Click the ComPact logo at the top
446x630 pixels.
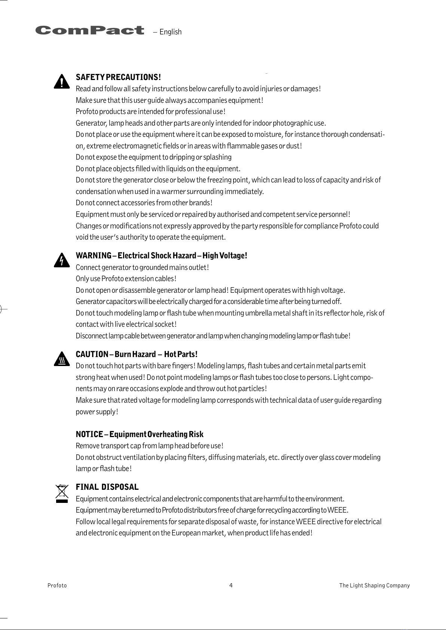click(90, 30)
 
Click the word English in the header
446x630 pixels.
click(170, 32)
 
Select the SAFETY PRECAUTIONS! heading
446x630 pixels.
click(118, 77)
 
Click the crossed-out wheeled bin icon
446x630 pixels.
click(62, 493)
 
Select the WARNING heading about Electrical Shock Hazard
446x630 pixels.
click(161, 256)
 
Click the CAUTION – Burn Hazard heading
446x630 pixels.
click(137, 354)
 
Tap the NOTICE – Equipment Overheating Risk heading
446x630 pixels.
click(140, 434)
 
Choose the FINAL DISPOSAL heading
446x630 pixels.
click(107, 487)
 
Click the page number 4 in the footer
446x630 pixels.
click(231, 585)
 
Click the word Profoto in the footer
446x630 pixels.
click(57, 586)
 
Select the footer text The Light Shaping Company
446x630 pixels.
click(374, 586)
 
